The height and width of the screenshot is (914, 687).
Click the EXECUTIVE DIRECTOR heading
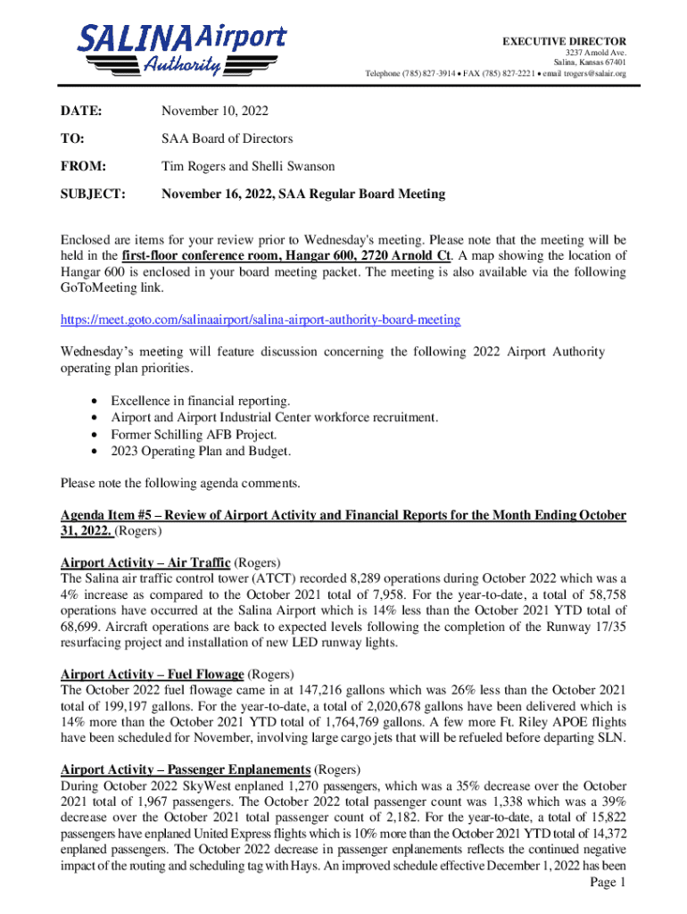click(564, 42)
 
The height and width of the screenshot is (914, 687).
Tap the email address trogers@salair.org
click(591, 73)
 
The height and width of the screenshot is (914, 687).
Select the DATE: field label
click(80, 112)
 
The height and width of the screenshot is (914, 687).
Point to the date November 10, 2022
click(214, 112)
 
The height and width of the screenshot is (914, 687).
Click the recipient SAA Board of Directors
click(227, 139)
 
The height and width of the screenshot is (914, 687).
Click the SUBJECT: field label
click(93, 194)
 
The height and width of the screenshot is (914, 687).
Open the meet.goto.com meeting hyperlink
click(261, 320)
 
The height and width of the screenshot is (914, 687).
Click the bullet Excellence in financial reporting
click(200, 402)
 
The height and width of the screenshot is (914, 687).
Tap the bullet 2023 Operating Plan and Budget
click(201, 452)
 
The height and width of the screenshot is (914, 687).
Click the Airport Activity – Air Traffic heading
click(145, 562)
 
